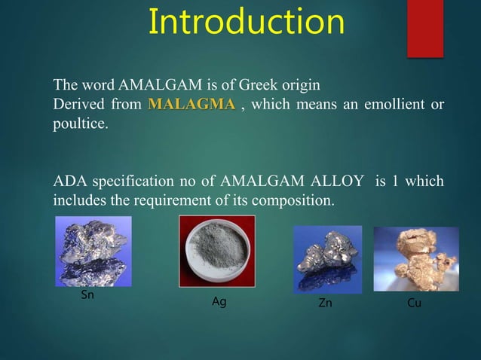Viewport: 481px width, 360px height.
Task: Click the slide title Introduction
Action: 246,22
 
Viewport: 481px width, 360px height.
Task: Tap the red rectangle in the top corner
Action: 424,28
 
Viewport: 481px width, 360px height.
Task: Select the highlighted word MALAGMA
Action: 191,104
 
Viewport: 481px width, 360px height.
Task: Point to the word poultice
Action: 80,124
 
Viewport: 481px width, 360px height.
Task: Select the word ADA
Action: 69,182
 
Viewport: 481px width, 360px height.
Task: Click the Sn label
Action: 87,295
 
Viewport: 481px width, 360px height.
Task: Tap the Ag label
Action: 219,303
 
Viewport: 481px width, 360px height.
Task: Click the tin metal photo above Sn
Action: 93,251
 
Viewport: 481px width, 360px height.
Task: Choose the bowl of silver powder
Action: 216,252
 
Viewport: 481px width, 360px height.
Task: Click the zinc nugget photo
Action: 326,259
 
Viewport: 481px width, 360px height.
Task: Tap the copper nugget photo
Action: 415,259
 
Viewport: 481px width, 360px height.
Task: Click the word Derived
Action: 78,104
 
